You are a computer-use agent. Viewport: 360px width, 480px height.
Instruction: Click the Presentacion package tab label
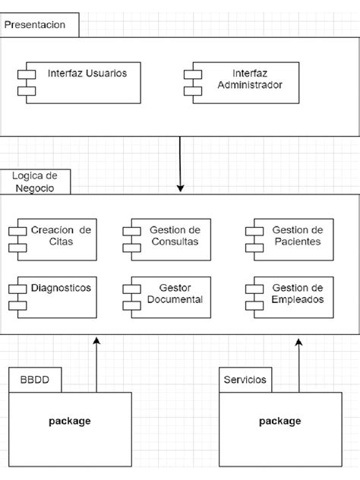[x=35, y=24]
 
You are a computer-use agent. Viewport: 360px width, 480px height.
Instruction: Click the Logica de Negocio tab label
[x=33, y=182]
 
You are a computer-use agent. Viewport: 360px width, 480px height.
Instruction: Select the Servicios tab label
[x=245, y=379]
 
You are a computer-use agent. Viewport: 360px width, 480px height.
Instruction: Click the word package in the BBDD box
[x=70, y=421]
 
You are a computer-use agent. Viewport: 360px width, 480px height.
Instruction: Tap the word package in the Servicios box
[x=280, y=421]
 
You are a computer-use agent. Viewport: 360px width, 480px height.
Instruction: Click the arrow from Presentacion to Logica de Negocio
[x=180, y=163]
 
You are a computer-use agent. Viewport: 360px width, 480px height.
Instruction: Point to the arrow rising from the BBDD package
[x=96, y=365]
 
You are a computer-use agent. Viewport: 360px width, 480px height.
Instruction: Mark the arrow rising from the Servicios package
[x=298, y=365]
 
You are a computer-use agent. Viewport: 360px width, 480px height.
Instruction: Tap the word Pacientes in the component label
[x=298, y=242]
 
